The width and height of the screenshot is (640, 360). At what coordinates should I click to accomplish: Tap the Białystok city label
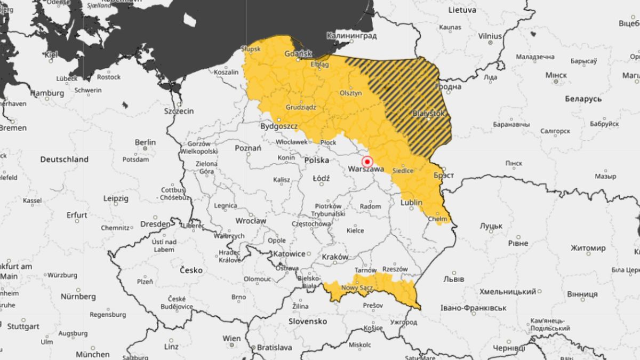tap(428, 113)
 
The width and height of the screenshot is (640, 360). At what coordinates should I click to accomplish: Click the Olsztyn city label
tap(351, 93)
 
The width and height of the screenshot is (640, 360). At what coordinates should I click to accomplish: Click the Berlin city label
tap(145, 142)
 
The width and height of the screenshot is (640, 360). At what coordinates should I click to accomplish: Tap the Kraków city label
tap(335, 257)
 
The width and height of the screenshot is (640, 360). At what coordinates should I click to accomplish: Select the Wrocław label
tap(251, 220)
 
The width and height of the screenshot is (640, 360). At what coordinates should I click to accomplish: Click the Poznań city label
tap(248, 148)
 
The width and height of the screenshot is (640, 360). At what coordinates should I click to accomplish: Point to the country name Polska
tap(316, 160)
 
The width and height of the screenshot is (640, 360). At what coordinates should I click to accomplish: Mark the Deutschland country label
tap(64, 159)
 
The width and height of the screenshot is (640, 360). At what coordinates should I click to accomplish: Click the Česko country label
tap(190, 270)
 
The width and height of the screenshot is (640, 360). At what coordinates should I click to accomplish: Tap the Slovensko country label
tap(307, 322)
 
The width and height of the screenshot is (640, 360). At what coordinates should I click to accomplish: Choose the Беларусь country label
tap(583, 99)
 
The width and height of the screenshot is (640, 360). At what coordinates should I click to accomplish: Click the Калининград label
tap(351, 36)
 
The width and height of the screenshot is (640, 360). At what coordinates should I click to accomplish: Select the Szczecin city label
tap(179, 111)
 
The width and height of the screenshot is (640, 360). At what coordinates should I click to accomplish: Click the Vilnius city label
tap(490, 36)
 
